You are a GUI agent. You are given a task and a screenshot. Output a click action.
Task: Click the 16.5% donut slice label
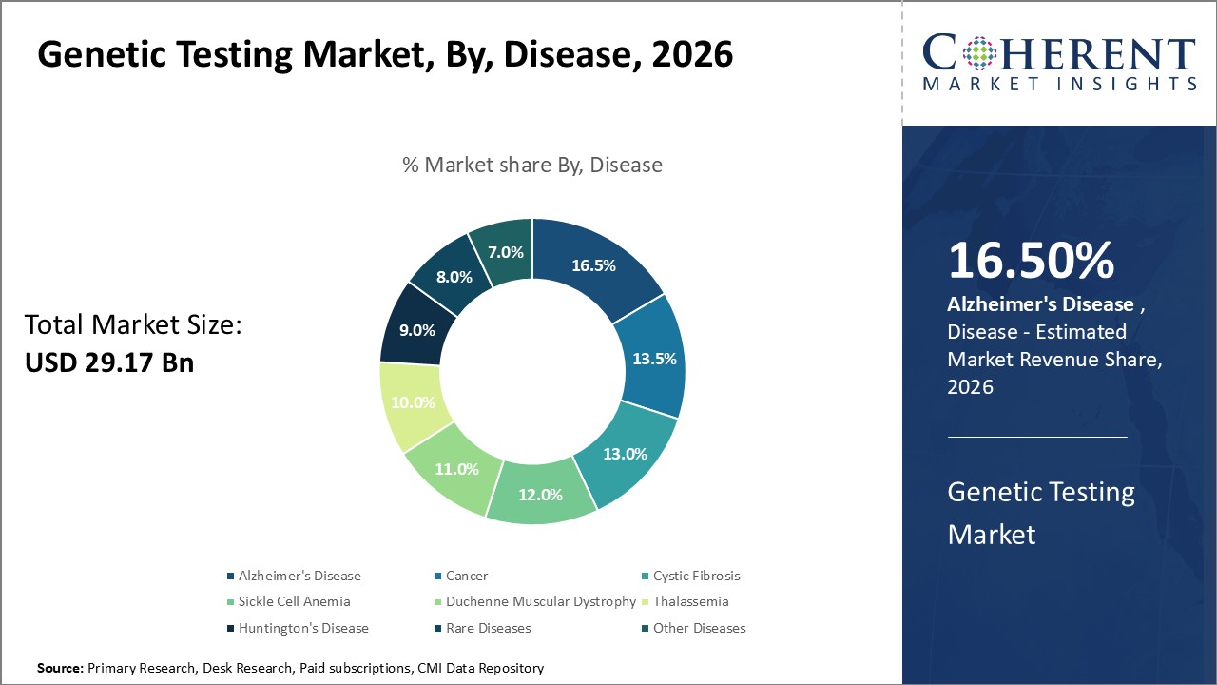click(x=593, y=265)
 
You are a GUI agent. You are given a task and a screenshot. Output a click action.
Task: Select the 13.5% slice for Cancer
click(x=654, y=359)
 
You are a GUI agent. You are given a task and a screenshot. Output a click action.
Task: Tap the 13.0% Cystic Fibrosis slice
click(x=625, y=453)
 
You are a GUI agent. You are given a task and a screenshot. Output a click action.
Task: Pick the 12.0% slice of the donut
click(x=540, y=495)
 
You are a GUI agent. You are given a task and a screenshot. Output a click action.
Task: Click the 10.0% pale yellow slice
click(x=414, y=402)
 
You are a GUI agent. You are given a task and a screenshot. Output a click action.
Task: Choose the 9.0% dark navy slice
click(x=416, y=330)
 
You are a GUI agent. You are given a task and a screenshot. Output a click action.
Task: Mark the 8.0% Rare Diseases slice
click(x=454, y=277)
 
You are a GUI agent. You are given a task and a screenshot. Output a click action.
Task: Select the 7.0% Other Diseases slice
click(x=505, y=252)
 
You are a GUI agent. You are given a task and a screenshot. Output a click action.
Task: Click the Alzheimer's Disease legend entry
click(x=299, y=576)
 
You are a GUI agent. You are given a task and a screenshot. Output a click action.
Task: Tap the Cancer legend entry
click(x=466, y=576)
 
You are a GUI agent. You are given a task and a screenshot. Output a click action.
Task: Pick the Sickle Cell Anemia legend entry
click(x=294, y=601)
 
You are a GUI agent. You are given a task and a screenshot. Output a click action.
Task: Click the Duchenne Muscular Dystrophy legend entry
click(x=540, y=601)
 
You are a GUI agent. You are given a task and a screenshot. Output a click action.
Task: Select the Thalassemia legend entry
click(x=690, y=601)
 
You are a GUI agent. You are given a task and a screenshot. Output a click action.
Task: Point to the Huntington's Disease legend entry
click(x=303, y=628)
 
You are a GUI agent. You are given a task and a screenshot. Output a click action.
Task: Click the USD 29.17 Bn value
click(x=109, y=362)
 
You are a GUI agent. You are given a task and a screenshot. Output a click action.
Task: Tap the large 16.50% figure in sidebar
click(x=1031, y=262)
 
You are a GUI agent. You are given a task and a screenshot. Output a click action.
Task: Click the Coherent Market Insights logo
click(x=1059, y=63)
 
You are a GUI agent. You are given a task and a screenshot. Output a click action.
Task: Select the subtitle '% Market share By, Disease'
click(x=531, y=165)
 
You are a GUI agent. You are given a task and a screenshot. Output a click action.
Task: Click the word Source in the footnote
click(x=59, y=669)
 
